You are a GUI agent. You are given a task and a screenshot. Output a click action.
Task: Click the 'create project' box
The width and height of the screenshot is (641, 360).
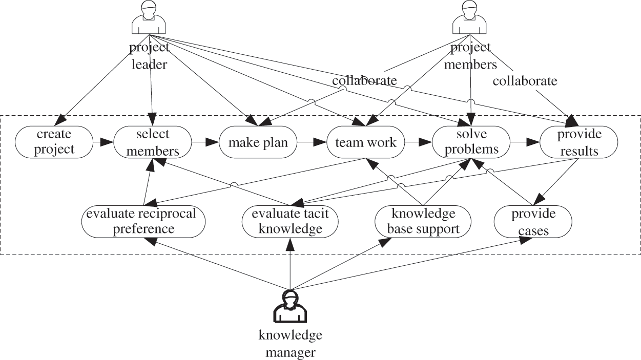(54, 142)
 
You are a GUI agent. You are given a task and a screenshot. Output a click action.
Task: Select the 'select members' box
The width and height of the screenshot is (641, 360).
(152, 142)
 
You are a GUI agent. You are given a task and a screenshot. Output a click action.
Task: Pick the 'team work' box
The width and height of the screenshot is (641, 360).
(366, 142)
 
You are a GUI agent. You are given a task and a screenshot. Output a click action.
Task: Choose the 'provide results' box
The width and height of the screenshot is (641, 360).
(578, 142)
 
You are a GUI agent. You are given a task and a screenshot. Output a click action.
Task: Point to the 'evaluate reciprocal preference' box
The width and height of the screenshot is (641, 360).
(143, 221)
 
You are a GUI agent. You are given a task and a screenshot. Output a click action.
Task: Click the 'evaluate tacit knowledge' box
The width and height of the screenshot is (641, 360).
(291, 221)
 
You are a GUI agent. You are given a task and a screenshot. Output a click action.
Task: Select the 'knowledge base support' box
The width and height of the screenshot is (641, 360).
(423, 221)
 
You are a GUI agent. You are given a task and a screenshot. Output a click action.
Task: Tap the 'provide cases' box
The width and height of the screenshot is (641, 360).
(533, 221)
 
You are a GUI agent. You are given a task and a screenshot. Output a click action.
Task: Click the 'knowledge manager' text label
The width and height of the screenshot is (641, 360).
(290, 344)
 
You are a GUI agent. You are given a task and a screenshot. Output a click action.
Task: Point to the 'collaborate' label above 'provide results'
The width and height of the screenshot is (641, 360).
(525, 80)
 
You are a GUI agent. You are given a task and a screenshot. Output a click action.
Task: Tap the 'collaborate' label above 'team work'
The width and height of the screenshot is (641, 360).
(364, 80)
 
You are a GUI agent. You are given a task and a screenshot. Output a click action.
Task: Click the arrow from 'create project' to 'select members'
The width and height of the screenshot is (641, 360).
(103, 142)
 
